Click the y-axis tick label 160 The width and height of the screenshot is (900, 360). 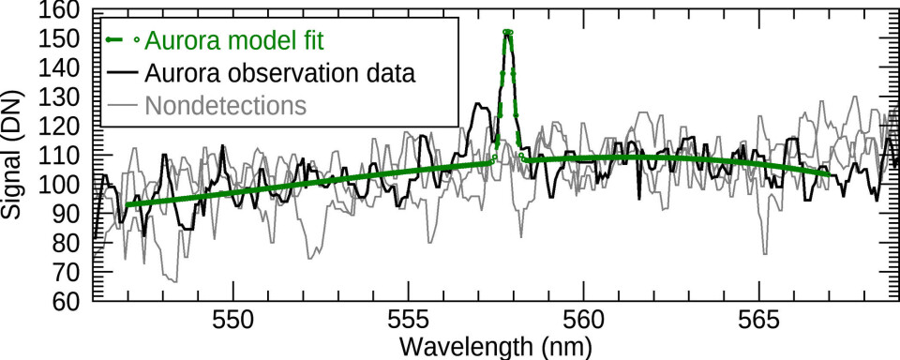pyautogui.click(x=62, y=10)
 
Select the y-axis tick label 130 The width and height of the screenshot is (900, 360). pyautogui.click(x=62, y=97)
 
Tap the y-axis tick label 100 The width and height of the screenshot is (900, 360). pyautogui.click(x=62, y=185)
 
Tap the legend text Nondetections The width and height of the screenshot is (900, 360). pyautogui.click(x=225, y=105)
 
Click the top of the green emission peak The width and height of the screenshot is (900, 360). pyautogui.click(x=507, y=32)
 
